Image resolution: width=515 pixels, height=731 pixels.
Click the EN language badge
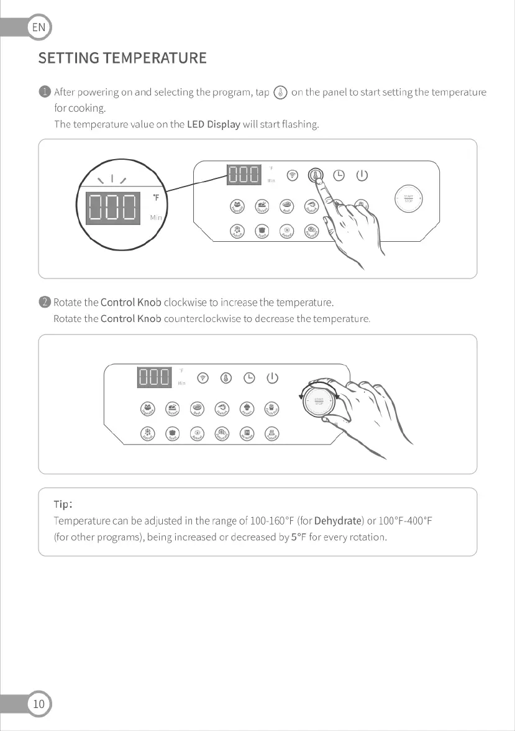[39, 28]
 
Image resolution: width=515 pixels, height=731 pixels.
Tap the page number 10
[39, 704]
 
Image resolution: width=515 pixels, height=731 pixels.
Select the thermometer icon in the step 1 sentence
[280, 93]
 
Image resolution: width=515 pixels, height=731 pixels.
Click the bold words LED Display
[213, 124]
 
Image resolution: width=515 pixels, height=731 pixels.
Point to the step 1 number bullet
[45, 93]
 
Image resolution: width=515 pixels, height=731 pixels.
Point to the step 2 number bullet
[45, 303]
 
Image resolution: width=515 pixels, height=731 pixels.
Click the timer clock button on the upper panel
[339, 175]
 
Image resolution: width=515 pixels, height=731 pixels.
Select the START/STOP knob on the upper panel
[408, 199]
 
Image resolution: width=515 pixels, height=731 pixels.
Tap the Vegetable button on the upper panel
[237, 206]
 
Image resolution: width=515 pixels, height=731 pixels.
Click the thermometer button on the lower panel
[226, 377]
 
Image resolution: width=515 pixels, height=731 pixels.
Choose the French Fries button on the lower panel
[271, 408]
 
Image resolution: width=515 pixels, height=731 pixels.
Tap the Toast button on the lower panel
[172, 434]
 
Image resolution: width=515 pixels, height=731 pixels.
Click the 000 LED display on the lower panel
[154, 377]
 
